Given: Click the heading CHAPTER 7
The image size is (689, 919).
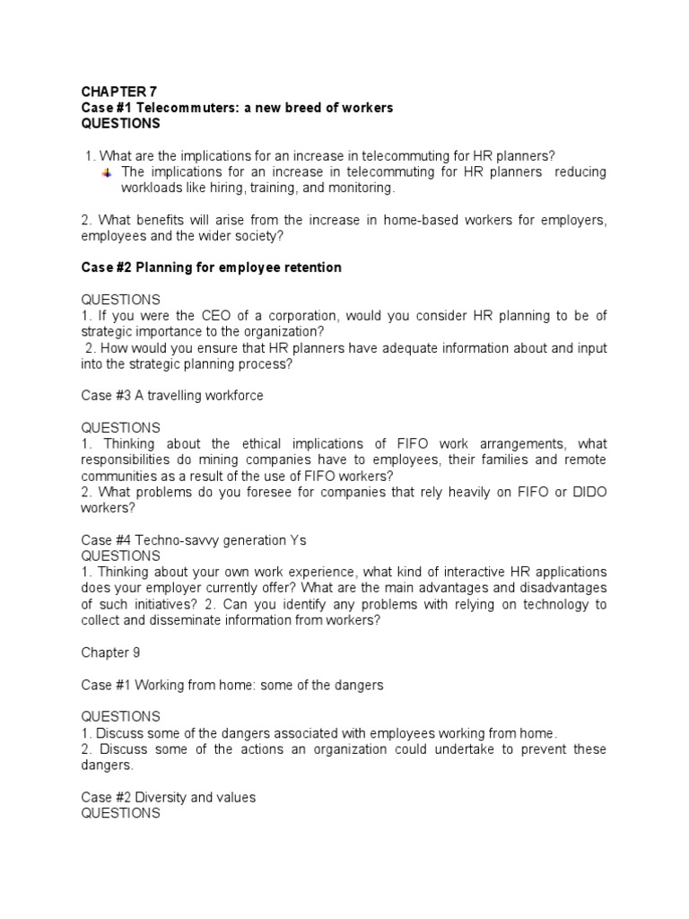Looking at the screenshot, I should click(x=118, y=92).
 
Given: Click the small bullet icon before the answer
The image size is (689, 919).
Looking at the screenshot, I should click(x=107, y=171).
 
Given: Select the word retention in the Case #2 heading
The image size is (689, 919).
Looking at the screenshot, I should click(x=310, y=268).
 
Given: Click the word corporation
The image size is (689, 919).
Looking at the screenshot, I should click(x=298, y=316).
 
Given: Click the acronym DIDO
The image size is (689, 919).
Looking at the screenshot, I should click(x=588, y=492).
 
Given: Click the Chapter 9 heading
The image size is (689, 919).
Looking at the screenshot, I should click(x=109, y=653).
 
